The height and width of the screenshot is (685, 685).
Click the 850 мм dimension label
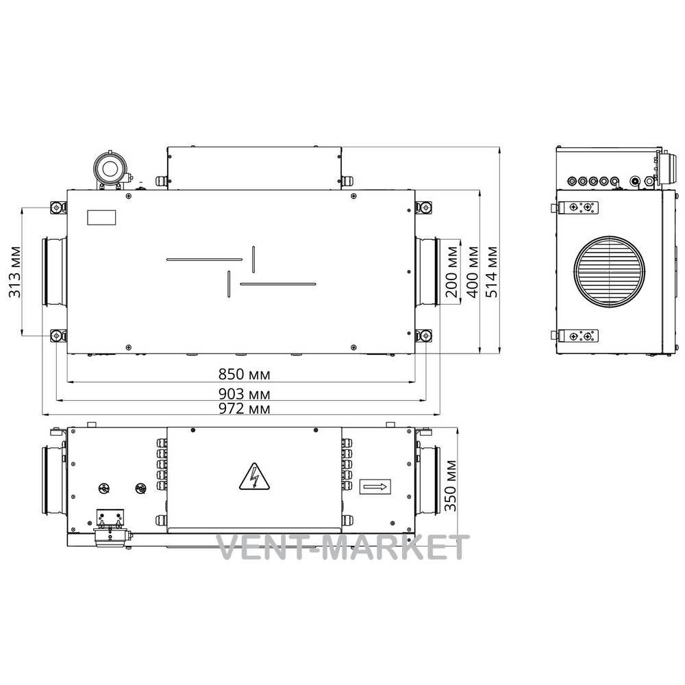pyautogui.click(x=245, y=375)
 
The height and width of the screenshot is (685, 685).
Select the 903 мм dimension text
pyautogui.click(x=245, y=394)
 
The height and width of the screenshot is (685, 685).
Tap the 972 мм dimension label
pyautogui.click(x=245, y=409)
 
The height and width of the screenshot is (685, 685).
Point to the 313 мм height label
pyautogui.click(x=15, y=272)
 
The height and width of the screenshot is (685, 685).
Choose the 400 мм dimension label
pyautogui.click(x=473, y=271)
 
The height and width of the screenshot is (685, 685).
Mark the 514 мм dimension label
pyautogui.click(x=492, y=271)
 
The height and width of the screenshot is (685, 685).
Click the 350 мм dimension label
pyautogui.click(x=451, y=485)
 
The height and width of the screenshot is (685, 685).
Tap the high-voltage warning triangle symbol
pyautogui.click(x=254, y=477)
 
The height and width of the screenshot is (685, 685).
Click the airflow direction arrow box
pyautogui.click(x=375, y=486)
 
